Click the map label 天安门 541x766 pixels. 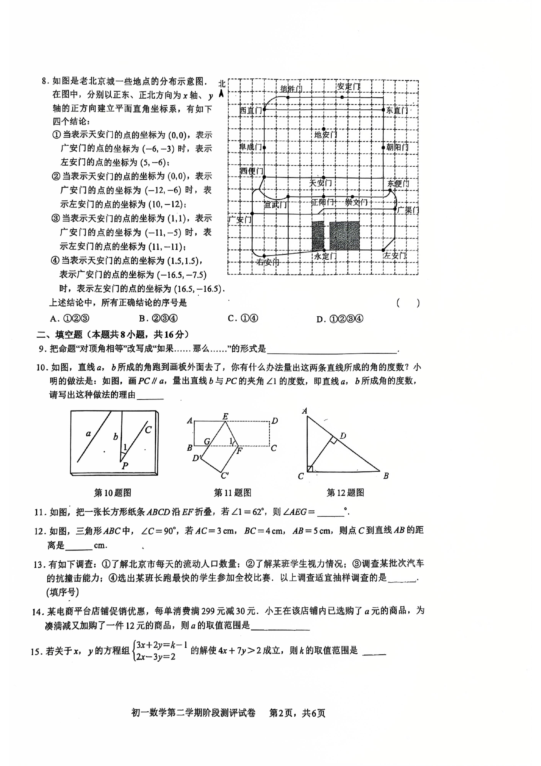click(x=320, y=183)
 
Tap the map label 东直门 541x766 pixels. click(x=397, y=110)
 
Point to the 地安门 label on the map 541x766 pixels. click(x=326, y=135)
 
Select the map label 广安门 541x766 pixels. click(x=240, y=219)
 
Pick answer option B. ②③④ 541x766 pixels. click(x=158, y=319)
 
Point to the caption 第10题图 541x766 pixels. click(x=112, y=493)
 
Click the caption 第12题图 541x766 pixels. click(x=345, y=493)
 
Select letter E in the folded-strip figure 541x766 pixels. click(x=225, y=416)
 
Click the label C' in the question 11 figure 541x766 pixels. click(x=225, y=475)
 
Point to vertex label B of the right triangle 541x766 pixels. click(x=386, y=476)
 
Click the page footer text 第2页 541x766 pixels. click(x=281, y=713)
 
